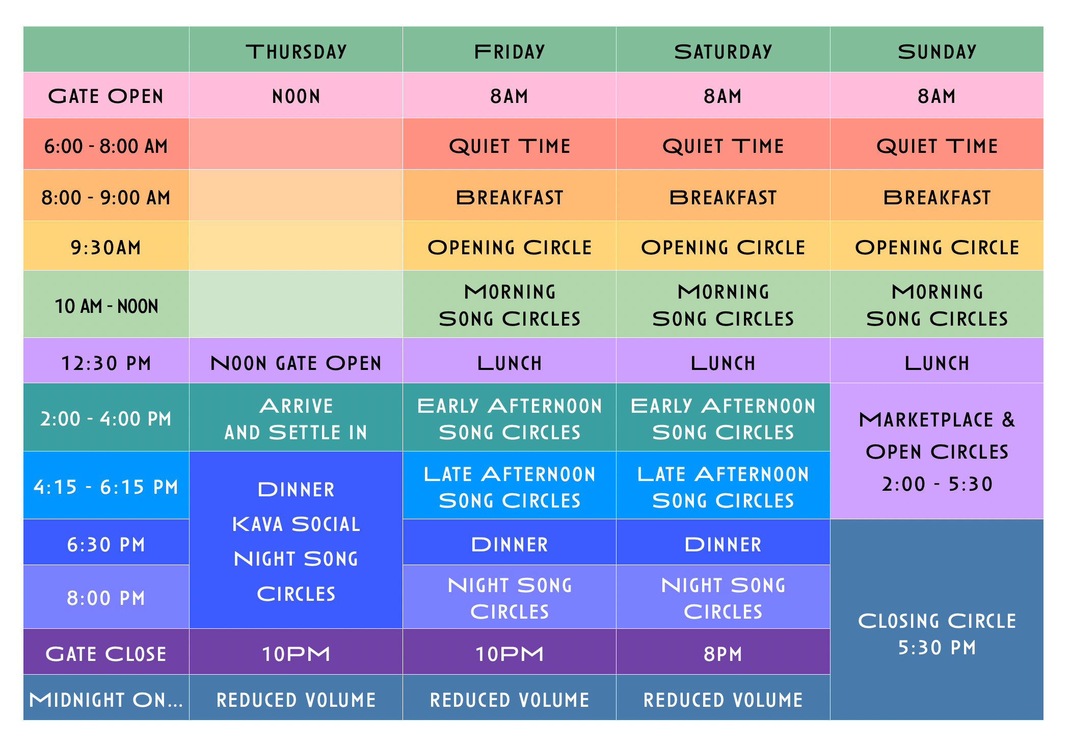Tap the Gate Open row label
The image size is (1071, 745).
pos(106,96)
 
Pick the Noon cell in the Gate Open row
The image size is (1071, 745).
pos(296,96)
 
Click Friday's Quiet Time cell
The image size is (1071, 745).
pos(510,146)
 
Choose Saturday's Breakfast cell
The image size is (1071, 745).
pos(723,197)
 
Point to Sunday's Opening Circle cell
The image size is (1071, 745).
pos(936,247)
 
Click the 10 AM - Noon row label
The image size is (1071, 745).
pos(106,306)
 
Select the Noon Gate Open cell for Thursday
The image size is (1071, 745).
pos(296,363)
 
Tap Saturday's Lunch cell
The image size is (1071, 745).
pos(723,363)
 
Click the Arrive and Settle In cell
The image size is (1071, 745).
pos(296,419)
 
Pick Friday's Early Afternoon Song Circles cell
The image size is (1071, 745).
pos(510,419)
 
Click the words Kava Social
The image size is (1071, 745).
pos(296,524)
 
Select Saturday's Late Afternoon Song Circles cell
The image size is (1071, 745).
pos(723,487)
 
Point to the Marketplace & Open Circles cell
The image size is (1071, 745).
pos(936,451)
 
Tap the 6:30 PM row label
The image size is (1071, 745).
pos(106,544)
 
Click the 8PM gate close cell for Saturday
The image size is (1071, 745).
pos(723,654)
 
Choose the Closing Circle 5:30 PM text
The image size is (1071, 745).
pos(936,634)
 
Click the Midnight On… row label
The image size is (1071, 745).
pos(106,699)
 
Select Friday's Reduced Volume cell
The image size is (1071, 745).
pos(510,699)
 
